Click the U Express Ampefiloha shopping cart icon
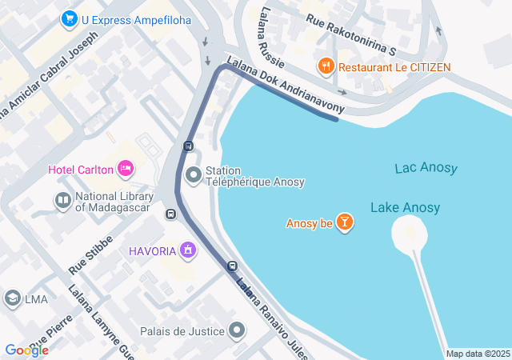70,19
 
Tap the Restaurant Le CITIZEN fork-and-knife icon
326,67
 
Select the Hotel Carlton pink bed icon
125,168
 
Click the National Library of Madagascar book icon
62,200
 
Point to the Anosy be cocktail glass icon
344,222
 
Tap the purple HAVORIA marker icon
188,251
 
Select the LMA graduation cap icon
12,299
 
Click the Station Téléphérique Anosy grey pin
193,174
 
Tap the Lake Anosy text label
405,208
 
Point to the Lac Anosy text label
426,168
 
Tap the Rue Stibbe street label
90,257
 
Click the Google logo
26,350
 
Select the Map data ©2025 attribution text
477,354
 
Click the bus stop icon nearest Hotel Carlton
188,146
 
